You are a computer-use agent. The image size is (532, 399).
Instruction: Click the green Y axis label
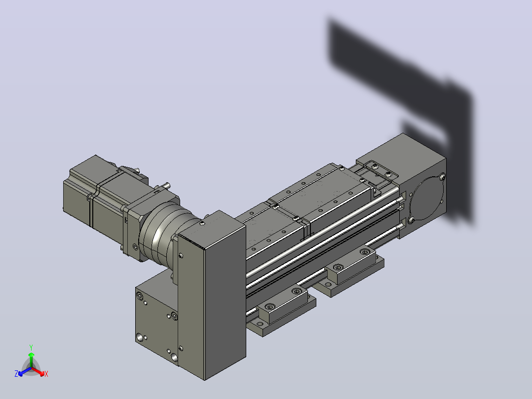(x=31, y=347)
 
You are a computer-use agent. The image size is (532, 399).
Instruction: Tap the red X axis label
(x=46, y=374)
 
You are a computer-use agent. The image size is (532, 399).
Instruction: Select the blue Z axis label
(x=16, y=373)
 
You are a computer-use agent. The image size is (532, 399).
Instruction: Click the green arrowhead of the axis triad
(x=31, y=355)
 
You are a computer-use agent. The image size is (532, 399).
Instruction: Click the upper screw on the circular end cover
(x=442, y=177)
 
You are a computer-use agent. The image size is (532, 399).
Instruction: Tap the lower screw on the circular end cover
(x=411, y=220)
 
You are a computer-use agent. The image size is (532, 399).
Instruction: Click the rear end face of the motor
(x=76, y=197)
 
